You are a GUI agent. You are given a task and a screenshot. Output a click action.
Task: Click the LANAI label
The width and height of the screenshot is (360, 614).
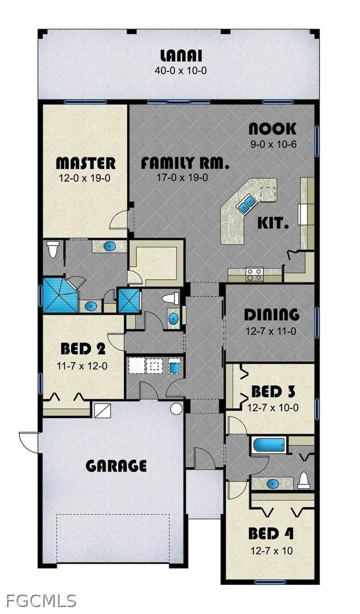click(x=181, y=56)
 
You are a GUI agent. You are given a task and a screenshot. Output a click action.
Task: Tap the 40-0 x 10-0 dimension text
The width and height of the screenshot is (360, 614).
click(x=181, y=71)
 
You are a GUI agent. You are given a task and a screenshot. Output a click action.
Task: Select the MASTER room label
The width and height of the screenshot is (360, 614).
click(x=86, y=163)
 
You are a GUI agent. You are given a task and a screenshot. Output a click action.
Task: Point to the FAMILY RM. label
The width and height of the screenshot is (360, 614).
click(x=184, y=163)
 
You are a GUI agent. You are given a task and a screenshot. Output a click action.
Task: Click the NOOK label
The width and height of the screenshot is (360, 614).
click(x=272, y=129)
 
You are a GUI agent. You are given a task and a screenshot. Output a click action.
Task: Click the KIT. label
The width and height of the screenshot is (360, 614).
click(x=273, y=223)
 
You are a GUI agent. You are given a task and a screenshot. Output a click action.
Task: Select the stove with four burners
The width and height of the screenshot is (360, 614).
click(x=255, y=274)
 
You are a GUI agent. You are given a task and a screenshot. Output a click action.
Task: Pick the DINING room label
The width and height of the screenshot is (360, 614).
click(x=272, y=315)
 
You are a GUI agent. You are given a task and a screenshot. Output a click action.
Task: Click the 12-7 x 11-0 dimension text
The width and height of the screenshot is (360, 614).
click(x=271, y=331)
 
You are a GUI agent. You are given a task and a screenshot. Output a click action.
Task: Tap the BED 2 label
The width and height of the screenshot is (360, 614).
click(x=83, y=348)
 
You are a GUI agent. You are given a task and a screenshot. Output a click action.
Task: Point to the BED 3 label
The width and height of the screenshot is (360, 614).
click(x=273, y=391)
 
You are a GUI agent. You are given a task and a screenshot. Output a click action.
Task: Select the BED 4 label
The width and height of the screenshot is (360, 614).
click(x=271, y=533)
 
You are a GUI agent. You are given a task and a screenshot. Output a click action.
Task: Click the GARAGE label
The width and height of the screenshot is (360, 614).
click(x=116, y=466)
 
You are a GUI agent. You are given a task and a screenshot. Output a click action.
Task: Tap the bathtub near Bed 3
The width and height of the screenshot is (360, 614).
click(x=269, y=445)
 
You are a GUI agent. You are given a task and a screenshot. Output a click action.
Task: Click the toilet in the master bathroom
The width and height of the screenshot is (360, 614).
click(x=53, y=249)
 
